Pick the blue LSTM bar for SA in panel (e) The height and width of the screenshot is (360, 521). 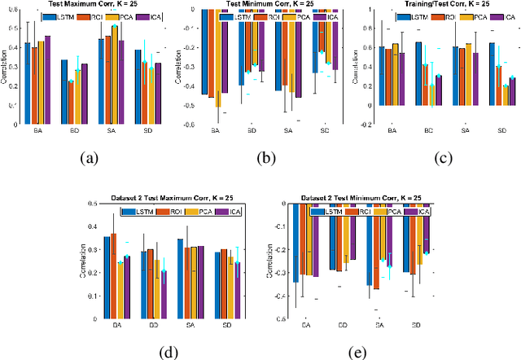click(369, 244)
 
